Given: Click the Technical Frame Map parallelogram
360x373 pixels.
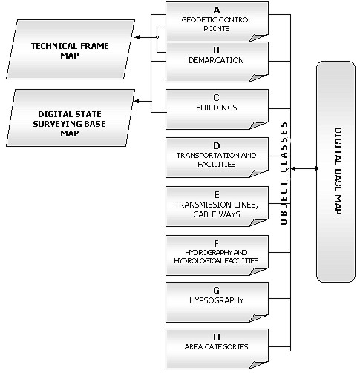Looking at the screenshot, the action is coord(71,50).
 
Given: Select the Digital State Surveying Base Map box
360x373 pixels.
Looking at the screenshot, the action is coord(71,118).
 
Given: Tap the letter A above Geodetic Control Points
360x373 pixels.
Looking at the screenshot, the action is coord(217,10).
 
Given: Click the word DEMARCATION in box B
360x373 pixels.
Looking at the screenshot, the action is coord(216,60).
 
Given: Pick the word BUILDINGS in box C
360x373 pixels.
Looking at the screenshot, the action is coord(217,108).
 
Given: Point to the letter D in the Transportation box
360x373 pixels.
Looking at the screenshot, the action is coord(217,146).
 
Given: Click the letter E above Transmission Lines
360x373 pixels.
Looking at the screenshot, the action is coord(217,195).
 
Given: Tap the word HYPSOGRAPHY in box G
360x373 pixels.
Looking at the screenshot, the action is coord(217,300).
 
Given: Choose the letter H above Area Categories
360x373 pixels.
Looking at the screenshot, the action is coord(217,337).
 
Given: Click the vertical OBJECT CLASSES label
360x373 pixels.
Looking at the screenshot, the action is coord(284,174).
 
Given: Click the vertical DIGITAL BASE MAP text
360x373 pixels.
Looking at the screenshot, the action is coord(338,171).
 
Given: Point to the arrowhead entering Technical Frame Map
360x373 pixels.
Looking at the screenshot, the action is coord(137,37).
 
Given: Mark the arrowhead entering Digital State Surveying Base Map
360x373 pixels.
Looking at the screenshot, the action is coord(136,101).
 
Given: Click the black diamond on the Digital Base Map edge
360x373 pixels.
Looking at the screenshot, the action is coord(316,168).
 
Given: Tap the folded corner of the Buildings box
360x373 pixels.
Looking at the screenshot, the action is coord(258,125).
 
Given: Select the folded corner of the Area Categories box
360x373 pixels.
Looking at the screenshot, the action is coord(258,364).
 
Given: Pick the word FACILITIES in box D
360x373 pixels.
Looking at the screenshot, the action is coord(217,165).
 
